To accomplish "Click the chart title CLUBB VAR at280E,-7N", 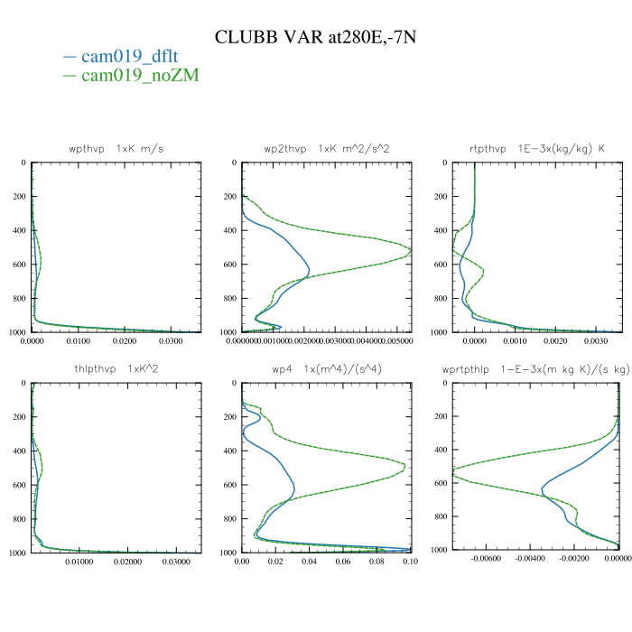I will click(315, 37).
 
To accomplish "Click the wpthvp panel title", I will click(116, 148).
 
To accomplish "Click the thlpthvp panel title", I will click(116, 368).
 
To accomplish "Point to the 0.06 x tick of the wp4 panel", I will click(343, 562).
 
